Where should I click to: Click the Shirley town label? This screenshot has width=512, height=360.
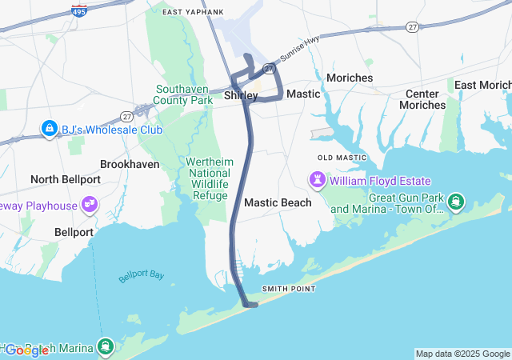(x=241, y=95)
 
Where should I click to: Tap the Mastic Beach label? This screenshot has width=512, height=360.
(x=278, y=202)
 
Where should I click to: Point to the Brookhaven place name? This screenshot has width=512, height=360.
(x=130, y=164)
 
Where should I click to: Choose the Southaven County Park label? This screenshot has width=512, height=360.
(x=185, y=95)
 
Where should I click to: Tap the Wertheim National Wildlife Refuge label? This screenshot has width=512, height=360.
(x=210, y=178)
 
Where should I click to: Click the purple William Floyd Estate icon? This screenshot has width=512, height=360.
(x=318, y=181)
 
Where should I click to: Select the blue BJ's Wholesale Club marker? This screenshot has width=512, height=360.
(x=50, y=129)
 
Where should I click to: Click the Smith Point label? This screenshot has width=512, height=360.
(x=289, y=289)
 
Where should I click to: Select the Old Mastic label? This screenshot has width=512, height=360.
(x=342, y=158)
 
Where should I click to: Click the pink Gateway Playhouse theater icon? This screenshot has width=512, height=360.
(x=90, y=206)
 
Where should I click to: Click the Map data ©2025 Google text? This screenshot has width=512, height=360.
(x=462, y=354)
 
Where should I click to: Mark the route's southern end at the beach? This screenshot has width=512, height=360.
(x=250, y=304)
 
